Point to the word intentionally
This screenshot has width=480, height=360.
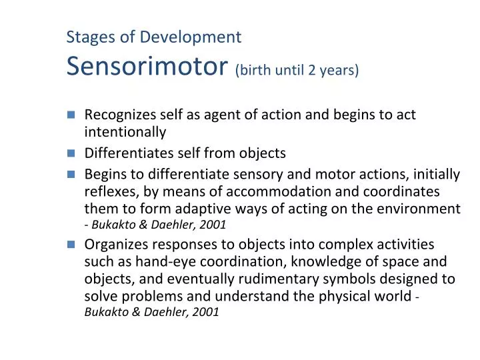pyautogui.click(x=125, y=132)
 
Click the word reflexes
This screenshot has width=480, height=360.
pyautogui.click(x=108, y=192)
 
